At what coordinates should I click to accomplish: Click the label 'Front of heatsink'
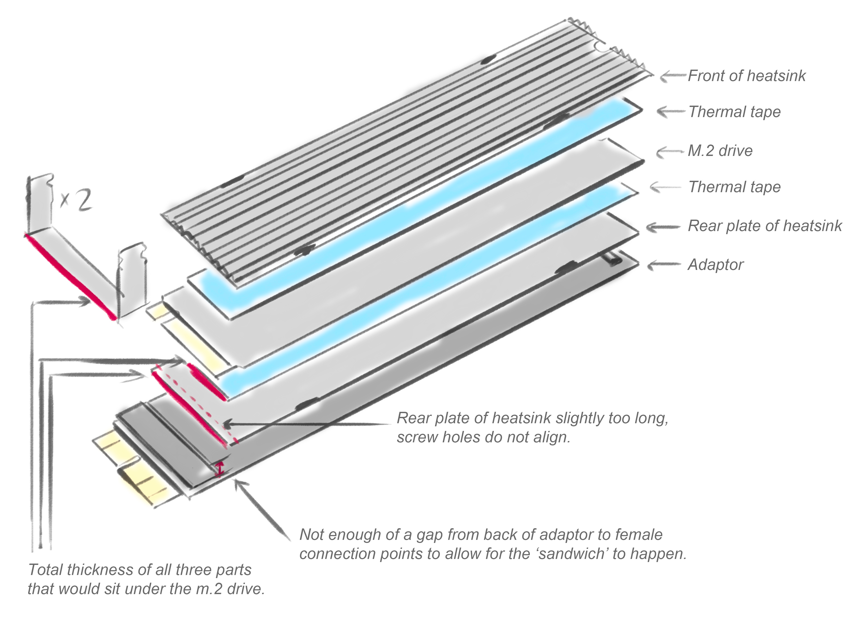click(x=746, y=76)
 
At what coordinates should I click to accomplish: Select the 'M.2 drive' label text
click(x=720, y=151)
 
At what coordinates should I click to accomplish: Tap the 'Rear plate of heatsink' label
click(x=764, y=226)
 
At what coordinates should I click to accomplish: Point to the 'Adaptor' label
click(x=715, y=265)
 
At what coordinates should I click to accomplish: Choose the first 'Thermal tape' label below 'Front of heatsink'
click(x=734, y=112)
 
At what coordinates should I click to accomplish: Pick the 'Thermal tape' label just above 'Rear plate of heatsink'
click(x=734, y=187)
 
